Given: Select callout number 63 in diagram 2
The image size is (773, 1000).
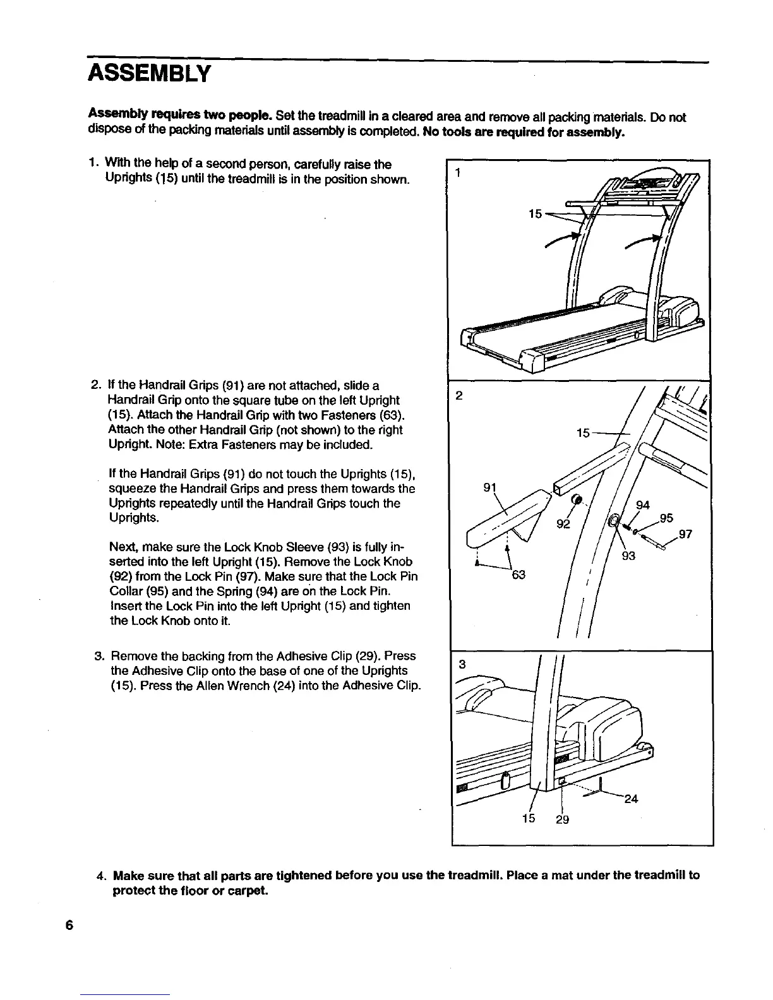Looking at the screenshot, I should pos(518,576).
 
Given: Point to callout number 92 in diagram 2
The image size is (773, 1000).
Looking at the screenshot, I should pos(563,525).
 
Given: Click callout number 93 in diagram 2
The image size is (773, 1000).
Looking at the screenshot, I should pos(628,556).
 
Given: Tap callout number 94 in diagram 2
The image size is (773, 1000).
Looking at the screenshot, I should pos(643,505).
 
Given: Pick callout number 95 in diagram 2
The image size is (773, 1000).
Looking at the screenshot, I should pos(666,518).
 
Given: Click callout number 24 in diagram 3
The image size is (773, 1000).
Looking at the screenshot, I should pos(631,799).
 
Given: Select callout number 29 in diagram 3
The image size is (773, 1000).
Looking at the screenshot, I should pos(562,819).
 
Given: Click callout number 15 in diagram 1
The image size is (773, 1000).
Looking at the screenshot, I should pos(534,214).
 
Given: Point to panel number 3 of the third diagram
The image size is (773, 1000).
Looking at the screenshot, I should pos(462,664).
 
